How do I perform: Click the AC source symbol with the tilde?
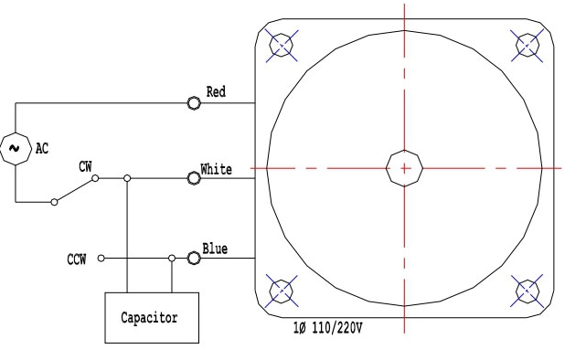point(16,149)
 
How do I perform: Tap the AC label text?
point(42,149)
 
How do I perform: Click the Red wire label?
point(216,92)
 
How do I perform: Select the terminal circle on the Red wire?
point(194,103)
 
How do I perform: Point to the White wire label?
point(216,169)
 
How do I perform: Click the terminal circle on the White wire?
point(194,178)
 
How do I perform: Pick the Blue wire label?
point(215,249)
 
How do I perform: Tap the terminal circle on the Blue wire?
point(194,258)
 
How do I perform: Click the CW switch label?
point(85,166)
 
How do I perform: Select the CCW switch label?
point(77,259)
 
